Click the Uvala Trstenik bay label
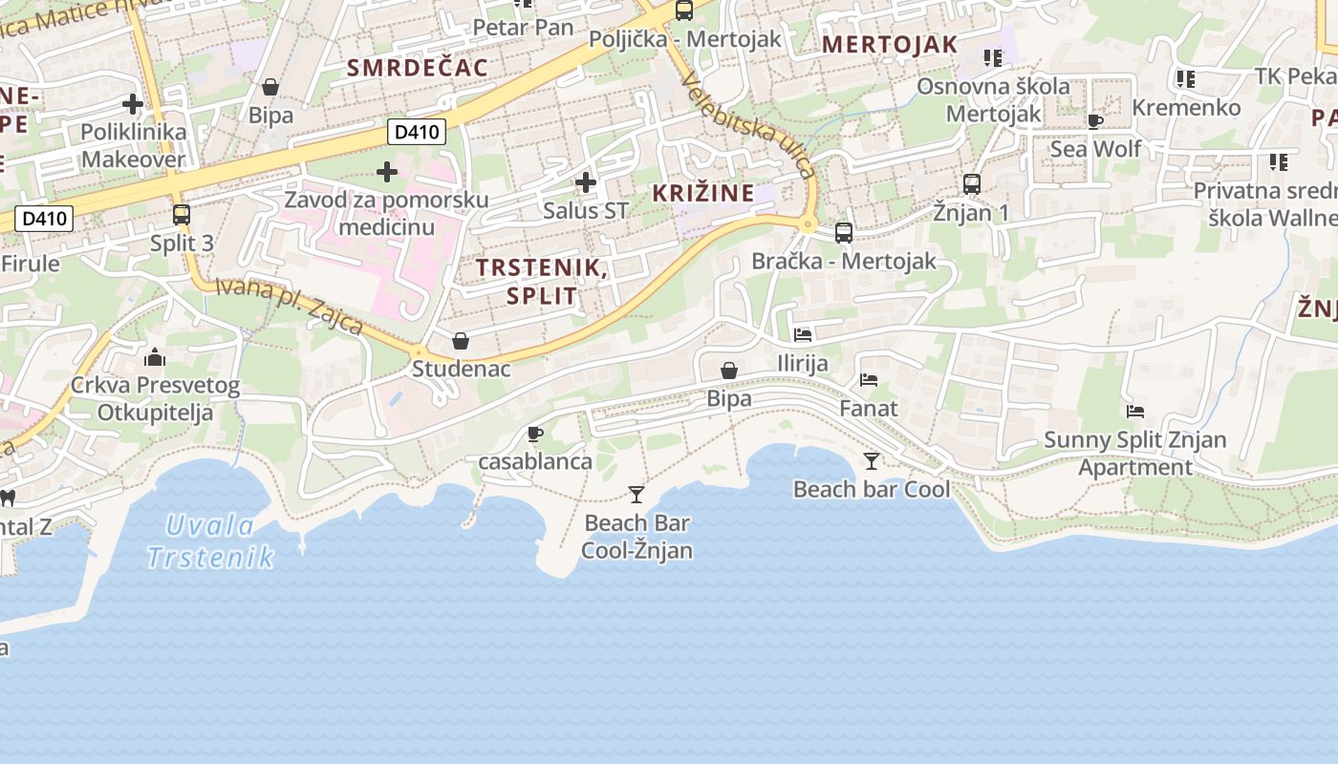pyautogui.click(x=211, y=541)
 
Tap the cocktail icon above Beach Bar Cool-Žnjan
pyautogui.click(x=637, y=494)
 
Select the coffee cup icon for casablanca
pyautogui.click(x=535, y=435)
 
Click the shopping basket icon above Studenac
pyautogui.click(x=461, y=341)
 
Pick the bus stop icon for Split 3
pyautogui.click(x=182, y=215)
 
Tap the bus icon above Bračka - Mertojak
pyautogui.click(x=843, y=232)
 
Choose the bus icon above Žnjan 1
pyautogui.click(x=972, y=183)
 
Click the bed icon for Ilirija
pyautogui.click(x=803, y=335)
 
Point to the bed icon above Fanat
pyautogui.click(x=869, y=380)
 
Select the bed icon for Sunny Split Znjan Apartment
pyautogui.click(x=1135, y=412)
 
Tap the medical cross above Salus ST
pyautogui.click(x=586, y=181)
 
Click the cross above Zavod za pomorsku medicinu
pyautogui.click(x=387, y=172)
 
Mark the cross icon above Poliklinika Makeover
pyautogui.click(x=133, y=103)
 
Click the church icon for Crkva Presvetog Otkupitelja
pyautogui.click(x=154, y=358)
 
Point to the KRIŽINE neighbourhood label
pyautogui.click(x=703, y=193)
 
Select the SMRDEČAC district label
pyautogui.click(x=418, y=68)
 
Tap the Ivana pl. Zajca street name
pyautogui.click(x=289, y=305)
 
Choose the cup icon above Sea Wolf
pyautogui.click(x=1095, y=121)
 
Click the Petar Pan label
pyautogui.click(x=523, y=28)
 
